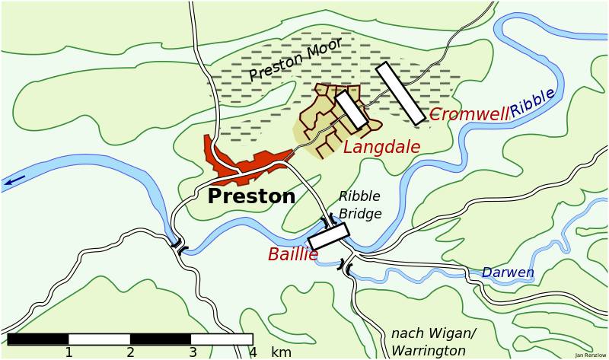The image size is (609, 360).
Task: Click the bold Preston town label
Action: [251, 196]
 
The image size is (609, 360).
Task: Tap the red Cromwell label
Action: [468, 115]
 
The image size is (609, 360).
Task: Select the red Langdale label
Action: [381, 148]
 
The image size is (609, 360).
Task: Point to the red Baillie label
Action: [292, 255]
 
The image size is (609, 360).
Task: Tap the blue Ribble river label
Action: [532, 103]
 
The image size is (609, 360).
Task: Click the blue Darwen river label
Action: [508, 272]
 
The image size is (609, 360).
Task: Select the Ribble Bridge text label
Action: [360, 205]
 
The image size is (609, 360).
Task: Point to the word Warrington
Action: [429, 351]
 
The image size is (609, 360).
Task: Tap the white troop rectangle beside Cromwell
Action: [400, 93]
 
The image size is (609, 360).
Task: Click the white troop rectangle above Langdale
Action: [352, 110]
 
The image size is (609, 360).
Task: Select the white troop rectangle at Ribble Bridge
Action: [328, 236]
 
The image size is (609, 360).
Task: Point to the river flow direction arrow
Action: [14, 181]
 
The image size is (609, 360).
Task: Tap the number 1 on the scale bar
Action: [69, 352]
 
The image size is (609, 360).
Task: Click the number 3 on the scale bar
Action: [193, 352]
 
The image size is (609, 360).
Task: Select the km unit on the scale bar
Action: [281, 352]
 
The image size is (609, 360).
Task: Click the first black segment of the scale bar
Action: [37, 339]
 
